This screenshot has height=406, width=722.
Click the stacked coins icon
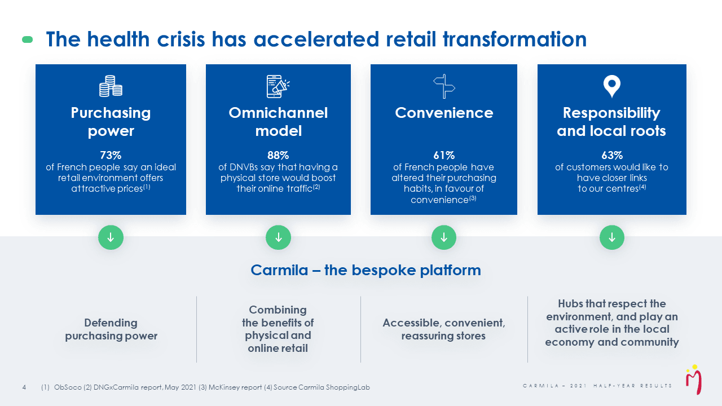click(x=111, y=86)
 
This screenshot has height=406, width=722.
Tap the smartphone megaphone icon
click(x=278, y=86)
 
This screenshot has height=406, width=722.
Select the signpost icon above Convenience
click(x=444, y=86)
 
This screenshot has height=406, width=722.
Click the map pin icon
click(x=612, y=86)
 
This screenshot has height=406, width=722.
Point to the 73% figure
click(x=111, y=155)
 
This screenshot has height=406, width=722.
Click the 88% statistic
click(x=278, y=155)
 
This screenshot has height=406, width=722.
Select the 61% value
click(x=444, y=155)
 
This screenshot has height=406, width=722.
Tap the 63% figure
click(x=612, y=155)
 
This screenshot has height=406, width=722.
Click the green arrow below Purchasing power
click(x=111, y=237)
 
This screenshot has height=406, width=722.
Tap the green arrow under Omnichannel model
click(x=278, y=237)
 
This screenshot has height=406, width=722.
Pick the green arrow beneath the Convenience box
click(x=444, y=237)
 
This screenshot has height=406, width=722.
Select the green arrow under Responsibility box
click(x=612, y=237)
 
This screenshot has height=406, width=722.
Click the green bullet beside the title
click(x=28, y=39)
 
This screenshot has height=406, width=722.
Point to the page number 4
click(x=24, y=387)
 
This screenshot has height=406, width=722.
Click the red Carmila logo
click(x=693, y=380)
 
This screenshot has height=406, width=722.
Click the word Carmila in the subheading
click(x=279, y=270)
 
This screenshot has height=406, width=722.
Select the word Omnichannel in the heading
click(x=278, y=113)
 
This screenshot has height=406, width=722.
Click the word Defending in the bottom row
click(x=111, y=323)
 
